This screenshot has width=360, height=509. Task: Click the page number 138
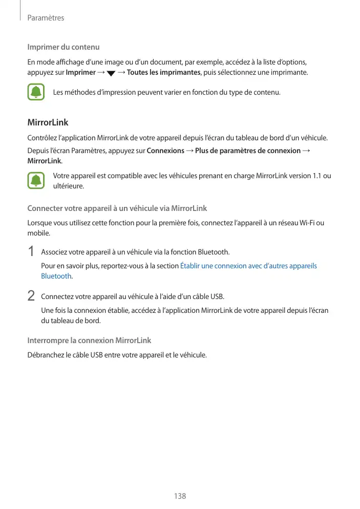click(x=180, y=496)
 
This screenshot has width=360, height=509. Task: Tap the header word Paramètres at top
click(x=46, y=18)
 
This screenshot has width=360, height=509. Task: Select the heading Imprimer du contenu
click(x=63, y=48)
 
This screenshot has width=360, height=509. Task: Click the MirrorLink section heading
click(x=48, y=123)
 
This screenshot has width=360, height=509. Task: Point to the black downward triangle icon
click(x=111, y=73)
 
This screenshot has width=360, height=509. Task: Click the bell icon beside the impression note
click(x=36, y=93)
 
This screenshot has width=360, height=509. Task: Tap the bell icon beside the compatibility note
click(x=36, y=181)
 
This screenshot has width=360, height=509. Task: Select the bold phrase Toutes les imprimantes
click(x=163, y=72)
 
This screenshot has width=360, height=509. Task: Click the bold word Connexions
click(x=165, y=151)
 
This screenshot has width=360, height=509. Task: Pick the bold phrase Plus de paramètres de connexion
click(x=248, y=151)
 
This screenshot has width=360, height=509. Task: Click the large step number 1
click(x=31, y=251)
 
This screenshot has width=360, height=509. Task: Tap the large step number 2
click(x=31, y=296)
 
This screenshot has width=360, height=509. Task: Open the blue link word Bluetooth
click(x=56, y=276)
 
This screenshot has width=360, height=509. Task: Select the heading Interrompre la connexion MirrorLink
click(x=89, y=341)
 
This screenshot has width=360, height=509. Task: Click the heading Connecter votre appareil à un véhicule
click(x=117, y=208)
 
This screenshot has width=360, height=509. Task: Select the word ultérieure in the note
click(x=69, y=186)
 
